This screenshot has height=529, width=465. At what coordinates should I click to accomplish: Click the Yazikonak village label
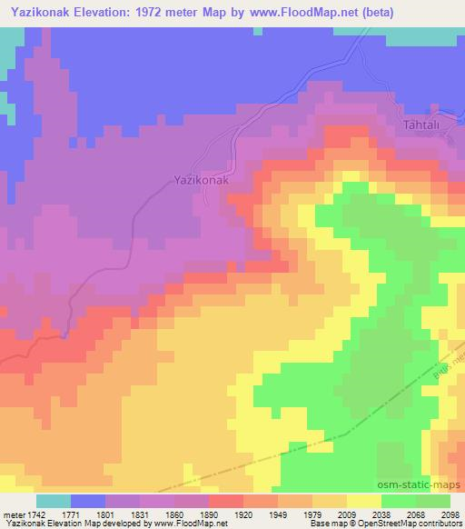pyautogui.click(x=199, y=180)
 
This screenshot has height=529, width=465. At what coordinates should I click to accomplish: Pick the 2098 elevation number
pyautogui.click(x=452, y=514)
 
